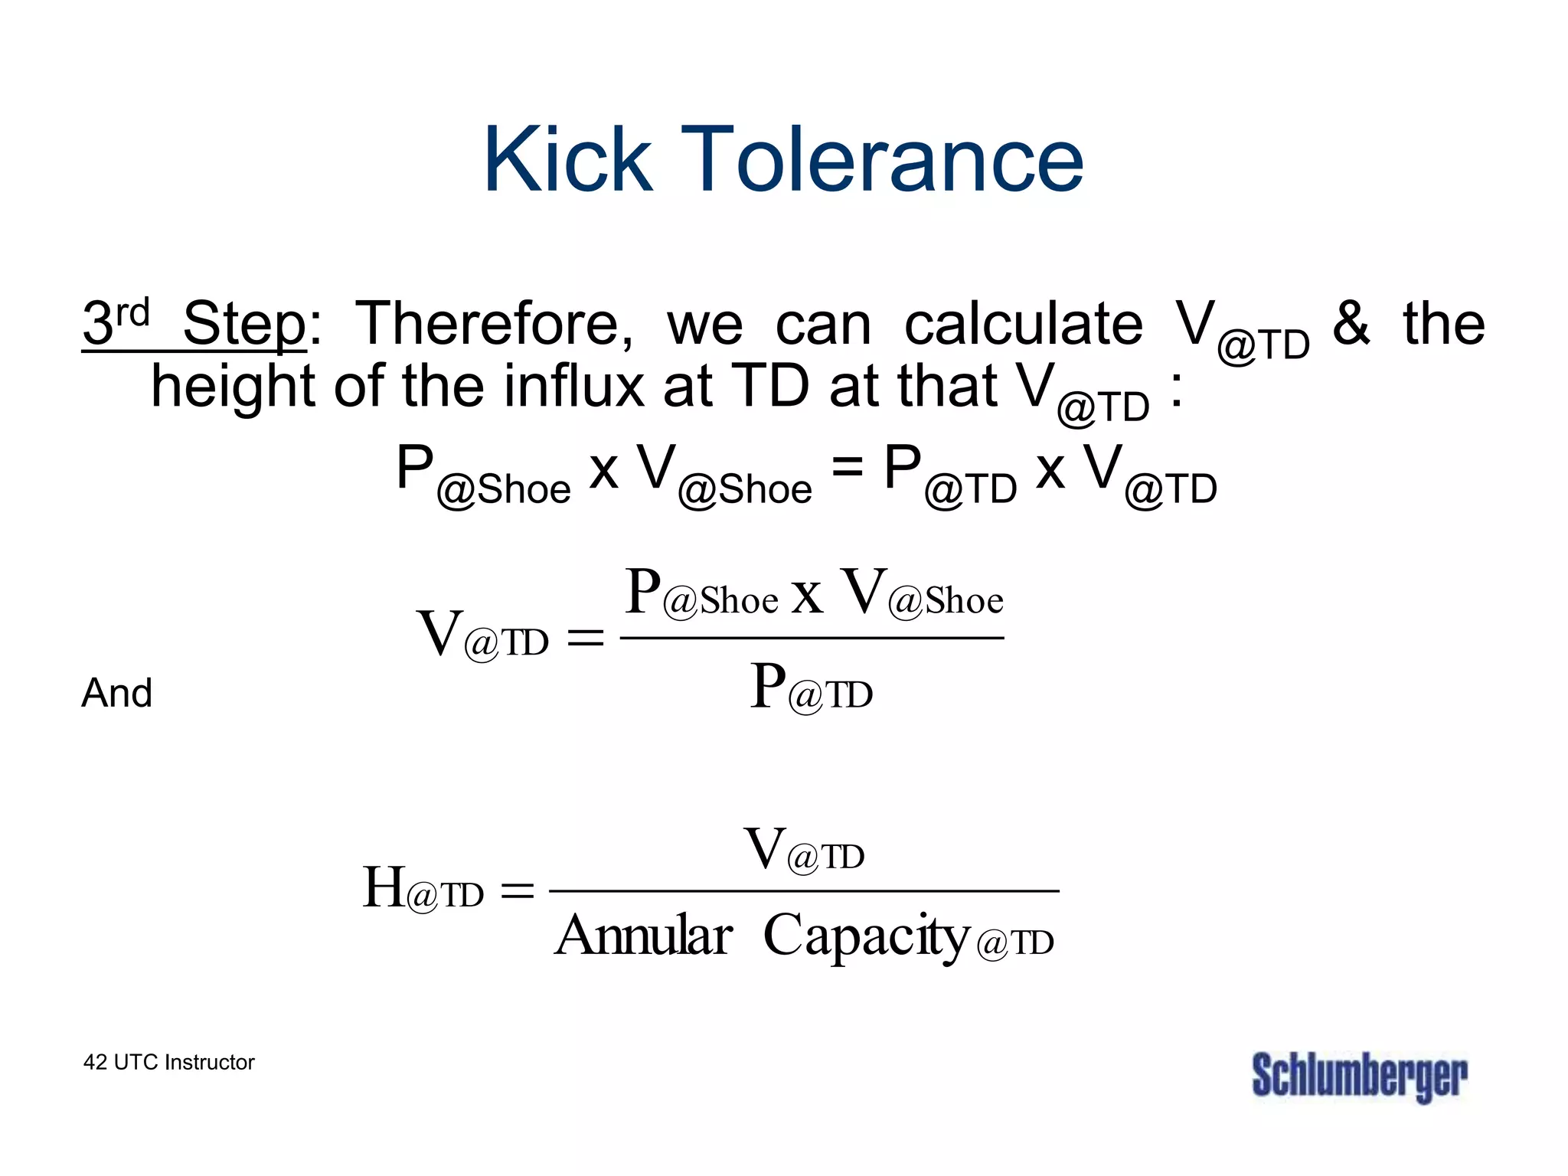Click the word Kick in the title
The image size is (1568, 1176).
(x=568, y=159)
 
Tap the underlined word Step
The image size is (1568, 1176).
(x=243, y=325)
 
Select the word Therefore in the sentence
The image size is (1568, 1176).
(x=495, y=325)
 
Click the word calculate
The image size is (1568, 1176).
(x=1024, y=325)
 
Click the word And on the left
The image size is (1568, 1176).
(x=116, y=693)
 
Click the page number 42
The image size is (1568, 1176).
(x=95, y=1063)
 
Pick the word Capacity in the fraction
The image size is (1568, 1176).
(x=867, y=936)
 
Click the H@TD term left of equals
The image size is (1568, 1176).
(x=423, y=889)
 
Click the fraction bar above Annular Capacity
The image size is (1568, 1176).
(x=804, y=891)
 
